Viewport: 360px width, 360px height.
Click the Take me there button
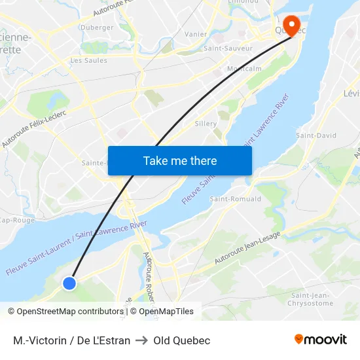coord(180,160)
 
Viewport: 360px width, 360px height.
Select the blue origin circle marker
coord(69,283)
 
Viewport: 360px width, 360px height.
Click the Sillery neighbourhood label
coord(206,123)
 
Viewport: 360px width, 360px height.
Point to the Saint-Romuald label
coord(236,198)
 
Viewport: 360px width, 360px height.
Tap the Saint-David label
coord(316,135)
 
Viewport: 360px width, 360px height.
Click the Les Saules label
coord(88,60)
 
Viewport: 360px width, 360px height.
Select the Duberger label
coord(96,27)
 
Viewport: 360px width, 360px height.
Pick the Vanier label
coord(196,34)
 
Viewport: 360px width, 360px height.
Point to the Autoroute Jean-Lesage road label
coord(247,249)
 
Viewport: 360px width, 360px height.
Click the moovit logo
coord(321,340)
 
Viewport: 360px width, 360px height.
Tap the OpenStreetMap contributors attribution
coord(65,312)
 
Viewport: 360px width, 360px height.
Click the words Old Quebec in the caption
coord(182,340)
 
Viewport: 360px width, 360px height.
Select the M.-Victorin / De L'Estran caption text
coord(71,340)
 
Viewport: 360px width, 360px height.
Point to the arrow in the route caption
coord(142,340)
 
